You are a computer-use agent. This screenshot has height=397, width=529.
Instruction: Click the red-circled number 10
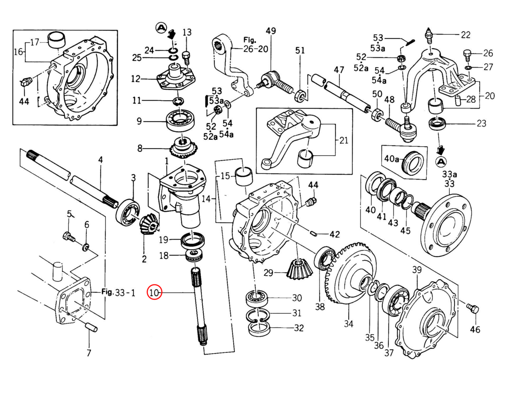(155, 292)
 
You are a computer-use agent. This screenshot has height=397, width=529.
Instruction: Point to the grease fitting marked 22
(429, 34)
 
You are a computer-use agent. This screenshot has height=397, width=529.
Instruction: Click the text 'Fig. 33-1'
(114, 292)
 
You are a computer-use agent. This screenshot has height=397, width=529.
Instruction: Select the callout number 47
(339, 70)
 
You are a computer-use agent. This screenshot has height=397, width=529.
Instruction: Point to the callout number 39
(417, 270)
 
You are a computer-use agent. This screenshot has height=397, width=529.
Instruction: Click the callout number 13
(187, 32)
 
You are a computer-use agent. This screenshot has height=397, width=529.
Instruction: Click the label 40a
(390, 158)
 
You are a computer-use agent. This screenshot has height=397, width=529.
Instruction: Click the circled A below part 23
(440, 162)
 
